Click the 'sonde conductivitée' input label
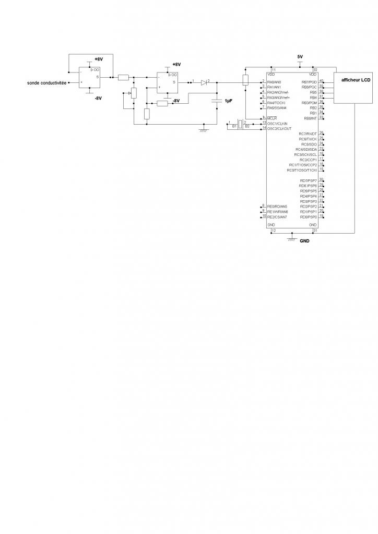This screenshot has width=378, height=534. point(47,82)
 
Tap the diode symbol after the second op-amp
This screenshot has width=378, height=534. point(204,82)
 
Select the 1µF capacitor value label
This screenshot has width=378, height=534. point(228,101)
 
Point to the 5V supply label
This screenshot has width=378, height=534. point(300,56)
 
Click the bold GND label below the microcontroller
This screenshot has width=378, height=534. point(304,241)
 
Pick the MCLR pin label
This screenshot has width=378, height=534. point(271,118)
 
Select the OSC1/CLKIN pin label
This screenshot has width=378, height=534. point(279,123)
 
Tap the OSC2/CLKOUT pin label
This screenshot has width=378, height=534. point(280,128)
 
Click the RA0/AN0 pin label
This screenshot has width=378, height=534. point(274,82)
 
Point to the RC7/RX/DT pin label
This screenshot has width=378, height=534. point(308,134)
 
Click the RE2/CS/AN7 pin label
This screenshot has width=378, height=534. point(277,216)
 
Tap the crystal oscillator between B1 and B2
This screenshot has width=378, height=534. point(240,125)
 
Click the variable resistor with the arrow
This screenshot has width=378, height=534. point(133,93)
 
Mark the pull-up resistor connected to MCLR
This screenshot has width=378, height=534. point(245,80)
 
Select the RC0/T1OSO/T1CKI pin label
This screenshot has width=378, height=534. point(302,170)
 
